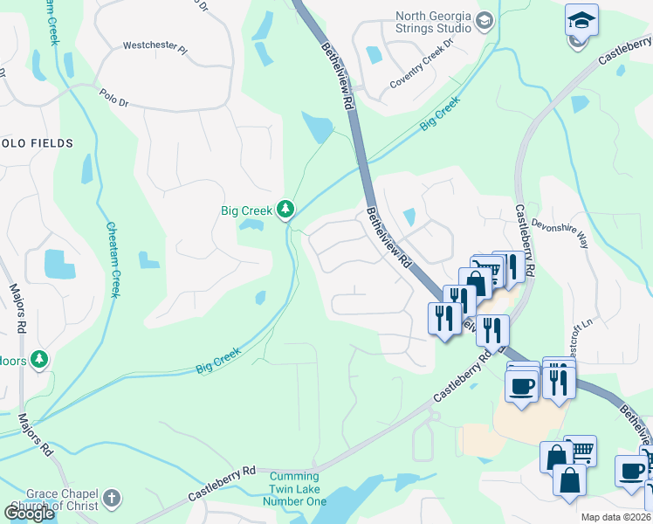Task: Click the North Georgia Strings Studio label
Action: pos(433,22)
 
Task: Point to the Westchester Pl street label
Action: pos(155,45)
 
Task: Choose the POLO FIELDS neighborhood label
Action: pos(35,142)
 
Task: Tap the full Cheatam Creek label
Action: pos(113,259)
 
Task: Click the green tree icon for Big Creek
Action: pos(285,209)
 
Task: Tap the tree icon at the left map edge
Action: pos(38,359)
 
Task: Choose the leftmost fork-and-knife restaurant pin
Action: pos(443,317)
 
